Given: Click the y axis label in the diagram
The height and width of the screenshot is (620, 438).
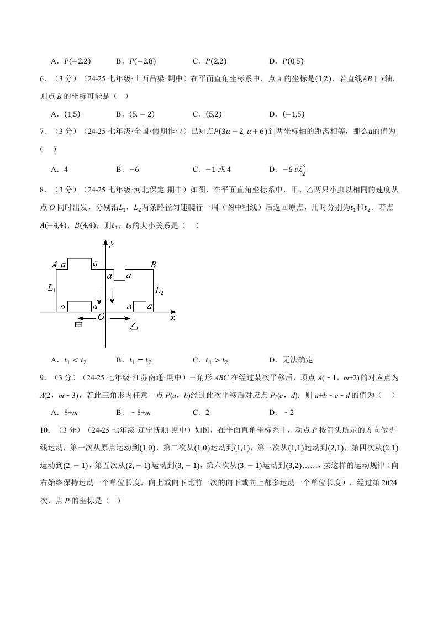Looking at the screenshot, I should click(x=112, y=243).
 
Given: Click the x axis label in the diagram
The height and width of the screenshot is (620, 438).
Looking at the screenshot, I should click(x=172, y=318).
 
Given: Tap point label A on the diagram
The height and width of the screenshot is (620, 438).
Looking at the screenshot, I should click(x=55, y=265).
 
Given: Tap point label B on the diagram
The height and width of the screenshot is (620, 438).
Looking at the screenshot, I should click(x=154, y=265).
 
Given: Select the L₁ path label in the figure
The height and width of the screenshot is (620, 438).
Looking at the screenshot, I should click(x=51, y=288).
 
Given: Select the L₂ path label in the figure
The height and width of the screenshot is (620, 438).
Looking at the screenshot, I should click(x=159, y=291).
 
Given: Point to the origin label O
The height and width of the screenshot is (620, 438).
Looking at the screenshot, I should click(x=101, y=317).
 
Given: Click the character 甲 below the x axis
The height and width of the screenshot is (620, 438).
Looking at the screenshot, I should click(x=78, y=326).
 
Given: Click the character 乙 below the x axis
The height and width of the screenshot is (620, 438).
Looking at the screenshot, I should click(x=134, y=327).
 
